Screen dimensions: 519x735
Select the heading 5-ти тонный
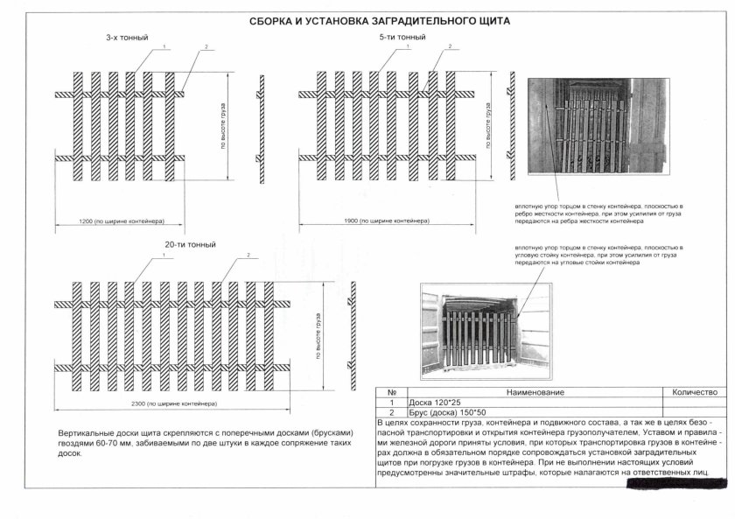point(403,39)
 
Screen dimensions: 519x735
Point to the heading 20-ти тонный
point(190,244)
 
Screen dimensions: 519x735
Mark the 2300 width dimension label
point(182,403)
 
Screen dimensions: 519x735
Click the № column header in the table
point(392,393)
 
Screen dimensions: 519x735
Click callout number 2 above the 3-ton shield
point(204,46)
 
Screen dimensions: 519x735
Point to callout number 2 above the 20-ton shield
point(248,255)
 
